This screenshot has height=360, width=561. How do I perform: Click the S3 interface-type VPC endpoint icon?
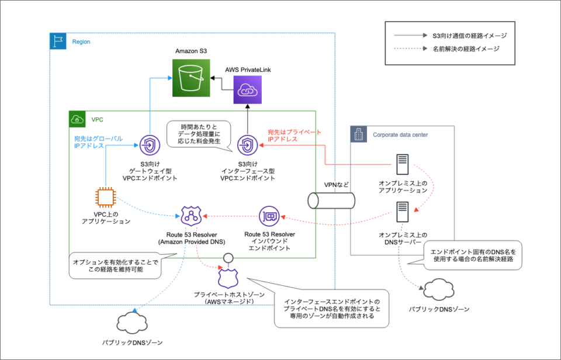click(x=247, y=143)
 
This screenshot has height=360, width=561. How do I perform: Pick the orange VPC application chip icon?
click(x=105, y=197)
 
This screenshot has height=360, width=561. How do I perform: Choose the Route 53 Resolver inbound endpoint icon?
click(x=269, y=216)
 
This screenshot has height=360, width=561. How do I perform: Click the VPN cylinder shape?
click(x=331, y=200)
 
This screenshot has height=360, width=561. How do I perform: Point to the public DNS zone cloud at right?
click(x=437, y=289)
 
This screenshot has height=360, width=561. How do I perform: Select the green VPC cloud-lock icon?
click(x=77, y=119)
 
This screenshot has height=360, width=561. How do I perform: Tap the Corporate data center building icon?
click(x=358, y=134)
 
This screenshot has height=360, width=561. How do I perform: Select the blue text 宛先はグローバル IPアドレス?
click(x=98, y=142)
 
